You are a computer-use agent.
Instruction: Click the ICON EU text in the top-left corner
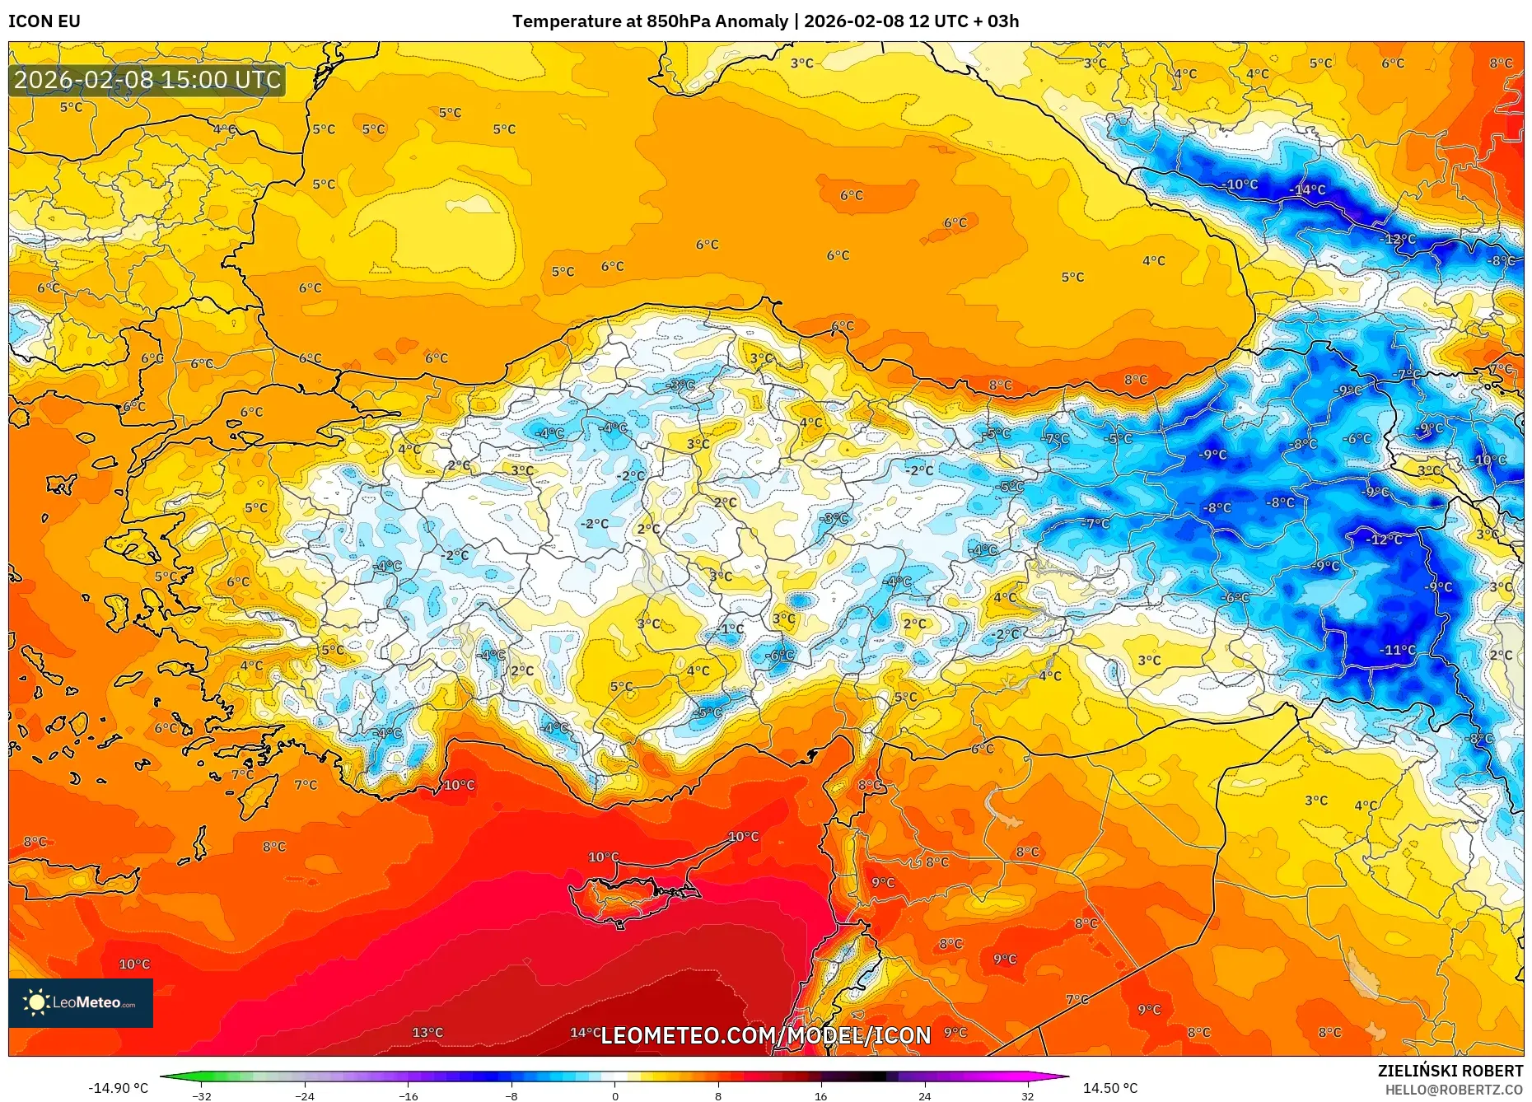(x=44, y=21)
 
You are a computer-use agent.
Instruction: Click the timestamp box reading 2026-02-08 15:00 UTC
(x=147, y=80)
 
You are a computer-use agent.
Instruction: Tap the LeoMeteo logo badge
(x=81, y=1002)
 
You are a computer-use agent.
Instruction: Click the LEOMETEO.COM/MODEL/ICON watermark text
(x=765, y=1035)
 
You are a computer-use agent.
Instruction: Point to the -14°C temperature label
(x=1307, y=190)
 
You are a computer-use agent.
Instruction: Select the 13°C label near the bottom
(x=427, y=1032)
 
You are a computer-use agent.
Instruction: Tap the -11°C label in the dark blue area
(x=1397, y=650)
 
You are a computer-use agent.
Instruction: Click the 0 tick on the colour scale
(x=614, y=1095)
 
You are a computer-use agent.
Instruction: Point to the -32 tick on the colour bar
(x=202, y=1095)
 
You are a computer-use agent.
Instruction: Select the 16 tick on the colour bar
(x=820, y=1095)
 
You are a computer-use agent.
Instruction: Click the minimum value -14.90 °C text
(x=119, y=1088)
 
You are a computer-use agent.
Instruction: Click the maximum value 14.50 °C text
(x=1109, y=1088)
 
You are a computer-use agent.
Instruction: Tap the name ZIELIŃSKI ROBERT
(x=1450, y=1071)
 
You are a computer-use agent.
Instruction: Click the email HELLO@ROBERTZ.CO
(x=1453, y=1090)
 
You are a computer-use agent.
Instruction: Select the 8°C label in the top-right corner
(x=1501, y=63)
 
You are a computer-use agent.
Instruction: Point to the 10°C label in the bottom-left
(x=134, y=964)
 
